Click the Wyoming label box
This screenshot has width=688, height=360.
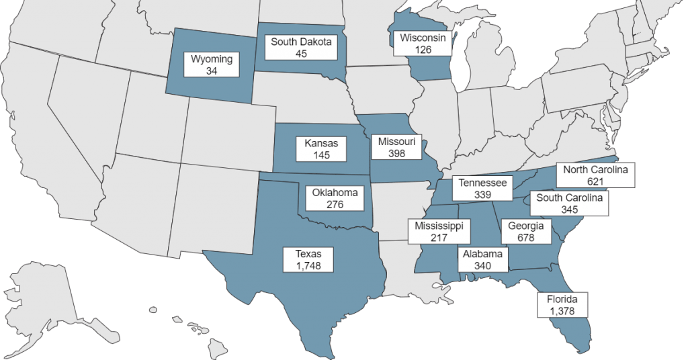pyautogui.click(x=212, y=65)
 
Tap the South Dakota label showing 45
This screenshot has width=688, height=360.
pyautogui.click(x=301, y=48)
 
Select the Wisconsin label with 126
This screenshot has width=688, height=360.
pyautogui.click(x=423, y=44)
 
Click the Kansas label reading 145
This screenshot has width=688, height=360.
pyautogui.click(x=321, y=149)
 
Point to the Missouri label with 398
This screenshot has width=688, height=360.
pyautogui.click(x=396, y=148)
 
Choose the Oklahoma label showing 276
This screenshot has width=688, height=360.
pyautogui.click(x=335, y=198)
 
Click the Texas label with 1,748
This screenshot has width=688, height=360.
pyautogui.click(x=308, y=260)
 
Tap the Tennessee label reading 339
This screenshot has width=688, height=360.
pyautogui.click(x=482, y=188)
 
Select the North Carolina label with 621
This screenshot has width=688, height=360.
pyautogui.click(x=596, y=175)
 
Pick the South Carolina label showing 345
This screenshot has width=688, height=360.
pyautogui.click(x=569, y=203)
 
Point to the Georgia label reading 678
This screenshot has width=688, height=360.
pyautogui.click(x=525, y=232)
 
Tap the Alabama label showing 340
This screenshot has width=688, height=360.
pyautogui.click(x=482, y=259)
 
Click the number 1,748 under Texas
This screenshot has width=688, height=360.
pyautogui.click(x=308, y=266)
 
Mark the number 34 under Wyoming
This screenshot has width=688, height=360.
pyautogui.click(x=212, y=71)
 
